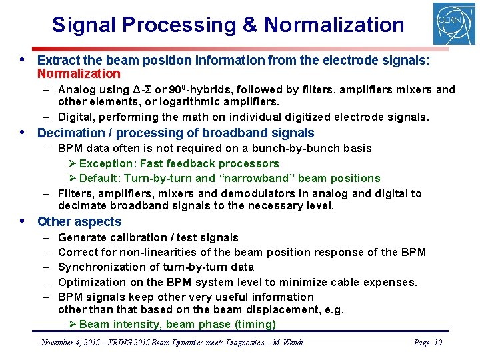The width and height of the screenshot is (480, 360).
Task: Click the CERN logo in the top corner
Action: [x=454, y=24]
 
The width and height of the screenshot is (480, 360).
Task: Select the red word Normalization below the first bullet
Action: [x=79, y=74]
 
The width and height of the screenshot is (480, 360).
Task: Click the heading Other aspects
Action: [x=79, y=222]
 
